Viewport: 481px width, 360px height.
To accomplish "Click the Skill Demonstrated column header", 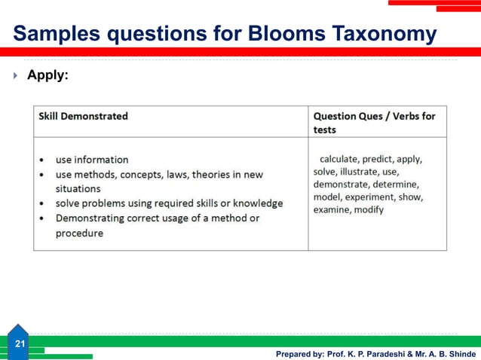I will coord(84,116).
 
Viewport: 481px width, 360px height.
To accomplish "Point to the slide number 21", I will coord(20,344).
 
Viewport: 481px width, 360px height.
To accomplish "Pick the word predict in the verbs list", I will coord(381,160).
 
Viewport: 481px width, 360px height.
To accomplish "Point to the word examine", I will coord(331,209).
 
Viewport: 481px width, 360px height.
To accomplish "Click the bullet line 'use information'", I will coord(91,160).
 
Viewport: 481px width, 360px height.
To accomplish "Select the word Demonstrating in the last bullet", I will coord(94,218).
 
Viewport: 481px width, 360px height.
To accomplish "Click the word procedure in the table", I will coord(79,233).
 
